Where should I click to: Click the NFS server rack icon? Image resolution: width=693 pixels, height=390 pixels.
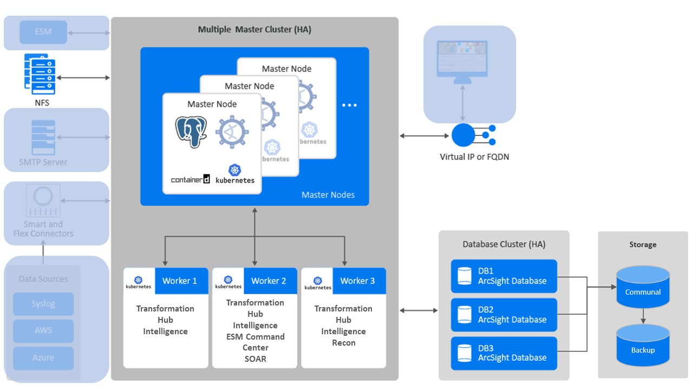(x=40, y=74)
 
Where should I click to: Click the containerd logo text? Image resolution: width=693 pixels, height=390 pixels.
(x=190, y=179)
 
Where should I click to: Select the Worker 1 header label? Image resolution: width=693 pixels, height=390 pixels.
(x=180, y=281)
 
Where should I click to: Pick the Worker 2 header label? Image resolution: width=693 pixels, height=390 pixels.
(x=269, y=281)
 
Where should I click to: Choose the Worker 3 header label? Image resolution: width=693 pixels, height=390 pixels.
(x=357, y=281)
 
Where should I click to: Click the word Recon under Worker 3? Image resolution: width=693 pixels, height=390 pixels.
(x=343, y=343)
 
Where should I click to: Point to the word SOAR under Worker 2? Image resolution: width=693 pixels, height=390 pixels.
(x=255, y=359)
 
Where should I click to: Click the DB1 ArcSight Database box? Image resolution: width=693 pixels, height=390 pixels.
(x=504, y=276)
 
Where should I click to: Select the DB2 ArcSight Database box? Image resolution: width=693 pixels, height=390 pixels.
(x=504, y=315)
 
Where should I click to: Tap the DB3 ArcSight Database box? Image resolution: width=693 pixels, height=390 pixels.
(x=504, y=353)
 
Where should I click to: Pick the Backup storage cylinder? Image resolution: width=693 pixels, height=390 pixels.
(x=643, y=347)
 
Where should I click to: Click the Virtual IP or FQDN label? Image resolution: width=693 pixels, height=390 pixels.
(x=474, y=157)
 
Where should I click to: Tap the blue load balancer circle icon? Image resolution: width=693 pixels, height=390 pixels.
(x=463, y=135)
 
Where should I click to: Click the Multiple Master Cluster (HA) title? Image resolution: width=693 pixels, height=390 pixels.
(x=254, y=30)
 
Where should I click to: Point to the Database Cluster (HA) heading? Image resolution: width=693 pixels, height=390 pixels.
(x=504, y=244)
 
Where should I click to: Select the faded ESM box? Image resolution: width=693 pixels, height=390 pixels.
(x=43, y=32)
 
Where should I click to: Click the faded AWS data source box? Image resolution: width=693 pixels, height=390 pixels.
(x=43, y=330)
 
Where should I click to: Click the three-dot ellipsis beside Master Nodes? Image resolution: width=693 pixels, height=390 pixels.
(x=349, y=105)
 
